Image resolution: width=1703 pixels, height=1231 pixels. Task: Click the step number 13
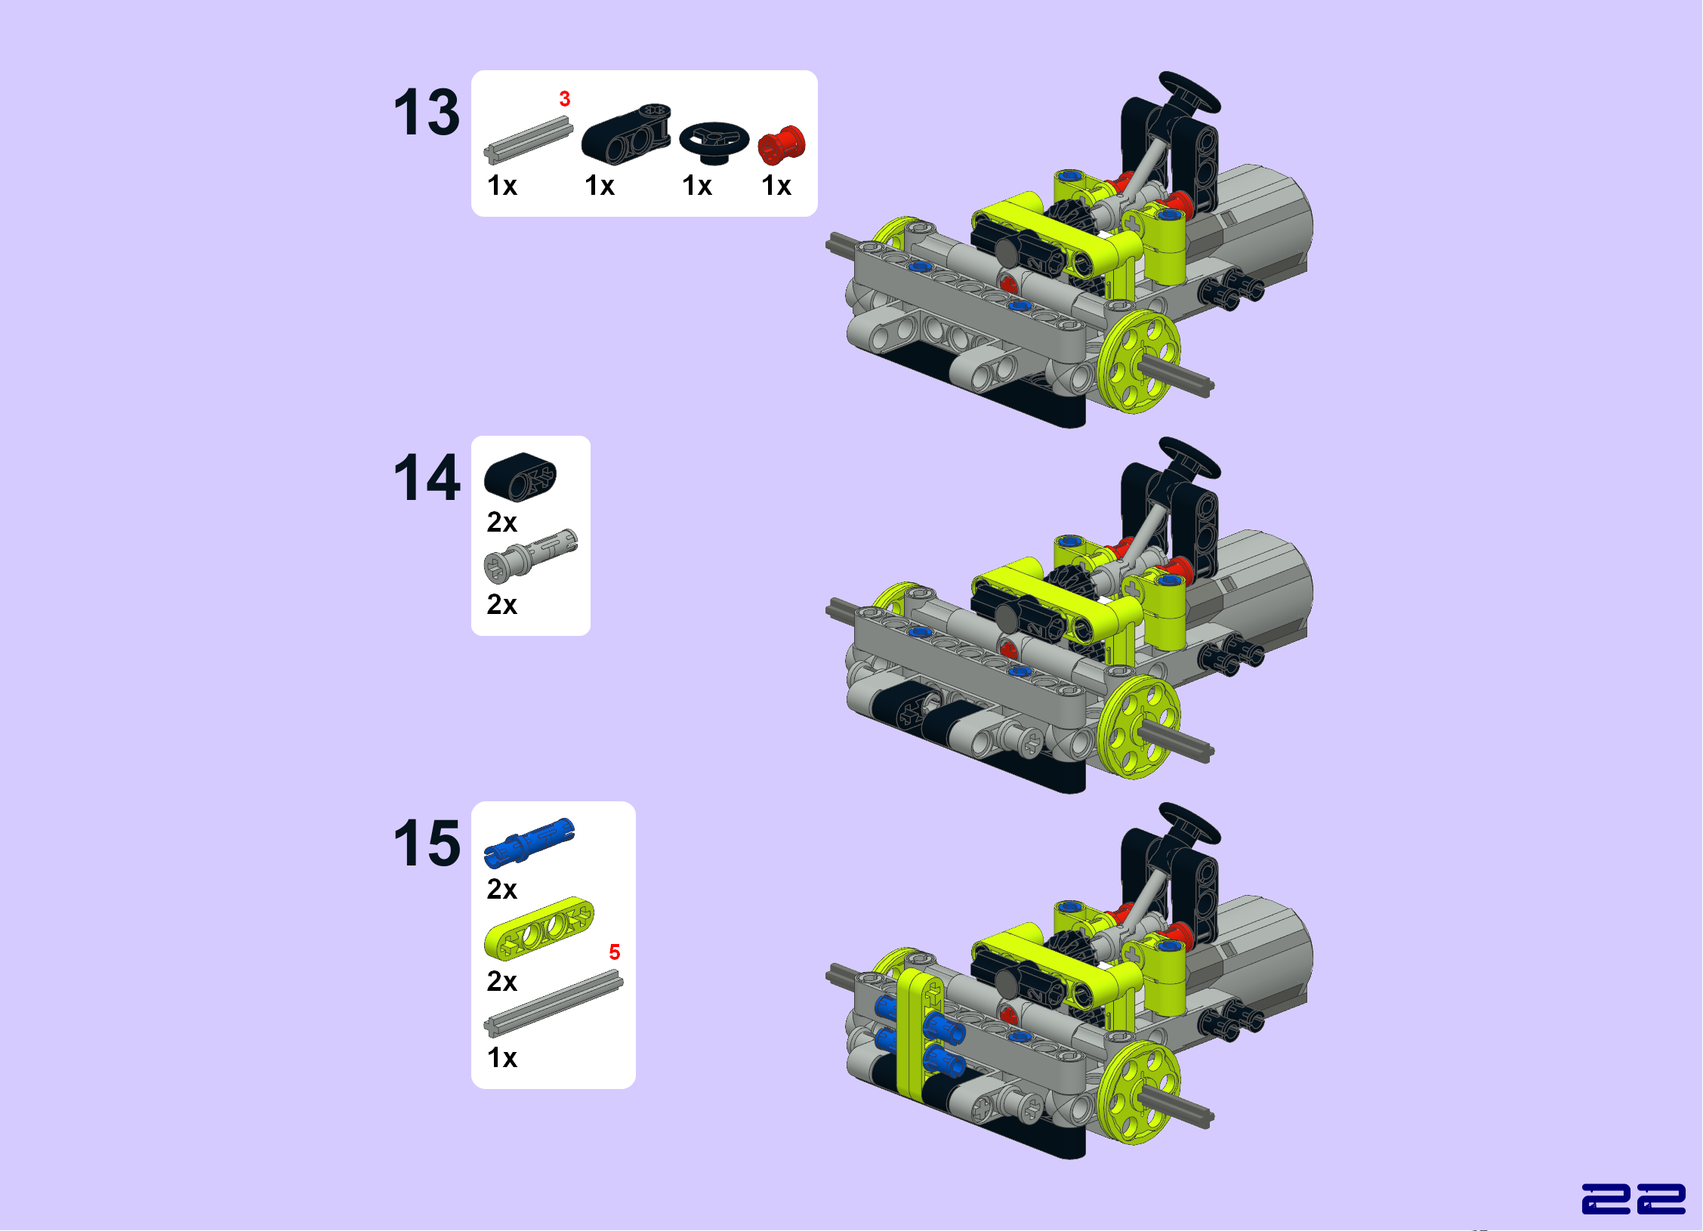tap(427, 113)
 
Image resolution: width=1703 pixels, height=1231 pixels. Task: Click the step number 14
tap(427, 477)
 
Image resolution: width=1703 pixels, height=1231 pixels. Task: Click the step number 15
tap(427, 843)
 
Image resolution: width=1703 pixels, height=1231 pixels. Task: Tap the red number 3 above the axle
tap(565, 99)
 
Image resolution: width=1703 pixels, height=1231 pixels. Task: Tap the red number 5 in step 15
tap(615, 952)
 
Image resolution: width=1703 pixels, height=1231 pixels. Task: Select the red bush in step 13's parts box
tap(782, 145)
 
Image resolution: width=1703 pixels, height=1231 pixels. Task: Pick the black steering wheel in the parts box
tap(714, 142)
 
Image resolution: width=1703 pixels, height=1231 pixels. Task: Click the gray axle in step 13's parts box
tap(529, 142)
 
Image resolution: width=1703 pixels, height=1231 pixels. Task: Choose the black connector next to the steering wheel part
tap(626, 134)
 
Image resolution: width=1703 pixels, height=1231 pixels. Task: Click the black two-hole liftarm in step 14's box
tap(520, 477)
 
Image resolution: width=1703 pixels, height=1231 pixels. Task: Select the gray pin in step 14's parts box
tap(530, 556)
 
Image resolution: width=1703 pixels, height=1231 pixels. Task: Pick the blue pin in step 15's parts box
tap(529, 842)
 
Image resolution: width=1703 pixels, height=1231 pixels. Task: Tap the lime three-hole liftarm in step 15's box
tap(539, 929)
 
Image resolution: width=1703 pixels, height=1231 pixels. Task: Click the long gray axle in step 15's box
tap(554, 1004)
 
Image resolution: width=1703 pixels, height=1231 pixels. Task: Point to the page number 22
tap(1634, 1199)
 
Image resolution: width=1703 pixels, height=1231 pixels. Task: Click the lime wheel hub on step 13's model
tap(1139, 362)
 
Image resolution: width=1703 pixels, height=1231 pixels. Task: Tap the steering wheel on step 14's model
tap(1190, 457)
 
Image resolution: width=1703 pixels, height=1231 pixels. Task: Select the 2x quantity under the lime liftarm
tap(502, 981)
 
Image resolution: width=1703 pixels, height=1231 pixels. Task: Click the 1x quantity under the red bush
tap(776, 186)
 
